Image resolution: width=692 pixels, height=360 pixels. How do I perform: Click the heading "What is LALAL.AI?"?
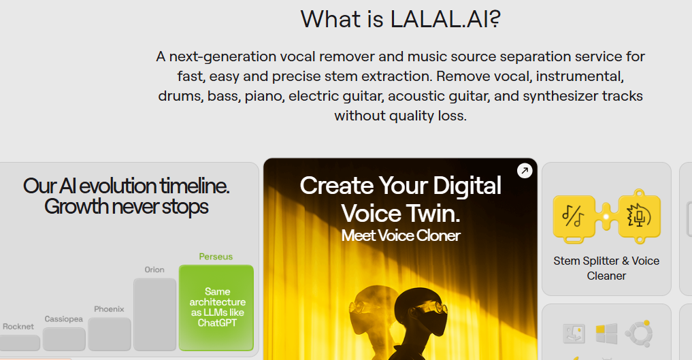pyautogui.click(x=400, y=19)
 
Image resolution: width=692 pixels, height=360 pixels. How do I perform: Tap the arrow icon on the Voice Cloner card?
pyautogui.click(x=525, y=171)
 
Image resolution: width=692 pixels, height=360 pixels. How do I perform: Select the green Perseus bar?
pyautogui.click(x=216, y=308)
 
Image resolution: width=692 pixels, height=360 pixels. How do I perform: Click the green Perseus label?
pyautogui.click(x=216, y=257)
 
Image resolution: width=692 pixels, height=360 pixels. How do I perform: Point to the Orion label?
pyautogui.click(x=154, y=269)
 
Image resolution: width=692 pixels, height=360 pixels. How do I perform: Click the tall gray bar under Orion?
pyautogui.click(x=154, y=314)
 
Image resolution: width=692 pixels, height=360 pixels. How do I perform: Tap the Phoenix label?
pyautogui.click(x=109, y=309)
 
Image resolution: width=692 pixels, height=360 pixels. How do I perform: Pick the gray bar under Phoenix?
pyautogui.click(x=110, y=334)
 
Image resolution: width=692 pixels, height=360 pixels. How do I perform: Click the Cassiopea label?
pyautogui.click(x=64, y=318)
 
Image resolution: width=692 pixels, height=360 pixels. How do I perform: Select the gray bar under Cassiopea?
pyautogui.click(x=64, y=339)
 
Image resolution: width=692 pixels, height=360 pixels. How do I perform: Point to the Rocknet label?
pyautogui.click(x=18, y=327)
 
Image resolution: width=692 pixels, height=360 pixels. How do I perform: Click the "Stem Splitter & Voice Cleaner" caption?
pyautogui.click(x=606, y=268)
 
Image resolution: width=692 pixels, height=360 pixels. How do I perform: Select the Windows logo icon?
pyautogui.click(x=606, y=333)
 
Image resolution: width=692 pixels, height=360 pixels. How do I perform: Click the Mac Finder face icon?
pyautogui.click(x=574, y=333)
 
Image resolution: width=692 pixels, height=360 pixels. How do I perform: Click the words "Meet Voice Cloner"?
pyautogui.click(x=401, y=235)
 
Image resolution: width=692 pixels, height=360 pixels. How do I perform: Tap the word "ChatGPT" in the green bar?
pyautogui.click(x=217, y=323)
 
